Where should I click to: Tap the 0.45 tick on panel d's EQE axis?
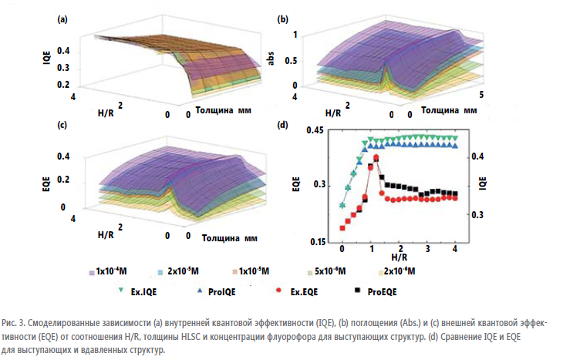click(x=315, y=130)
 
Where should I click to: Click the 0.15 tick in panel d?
click(x=315, y=241)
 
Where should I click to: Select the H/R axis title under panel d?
click(x=399, y=256)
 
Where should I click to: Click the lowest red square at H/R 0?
click(x=342, y=228)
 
